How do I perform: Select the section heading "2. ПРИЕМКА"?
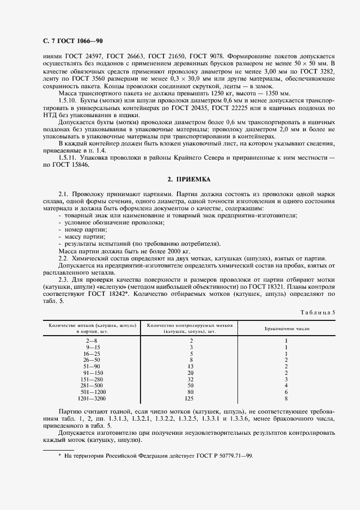pos(188,179)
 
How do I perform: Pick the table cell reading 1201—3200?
pos(91,399)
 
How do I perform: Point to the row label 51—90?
pos(91,367)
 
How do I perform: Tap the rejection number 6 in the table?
pos(286,392)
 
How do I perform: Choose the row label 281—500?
pos(91,386)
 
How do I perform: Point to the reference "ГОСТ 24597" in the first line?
pos(84,56)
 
